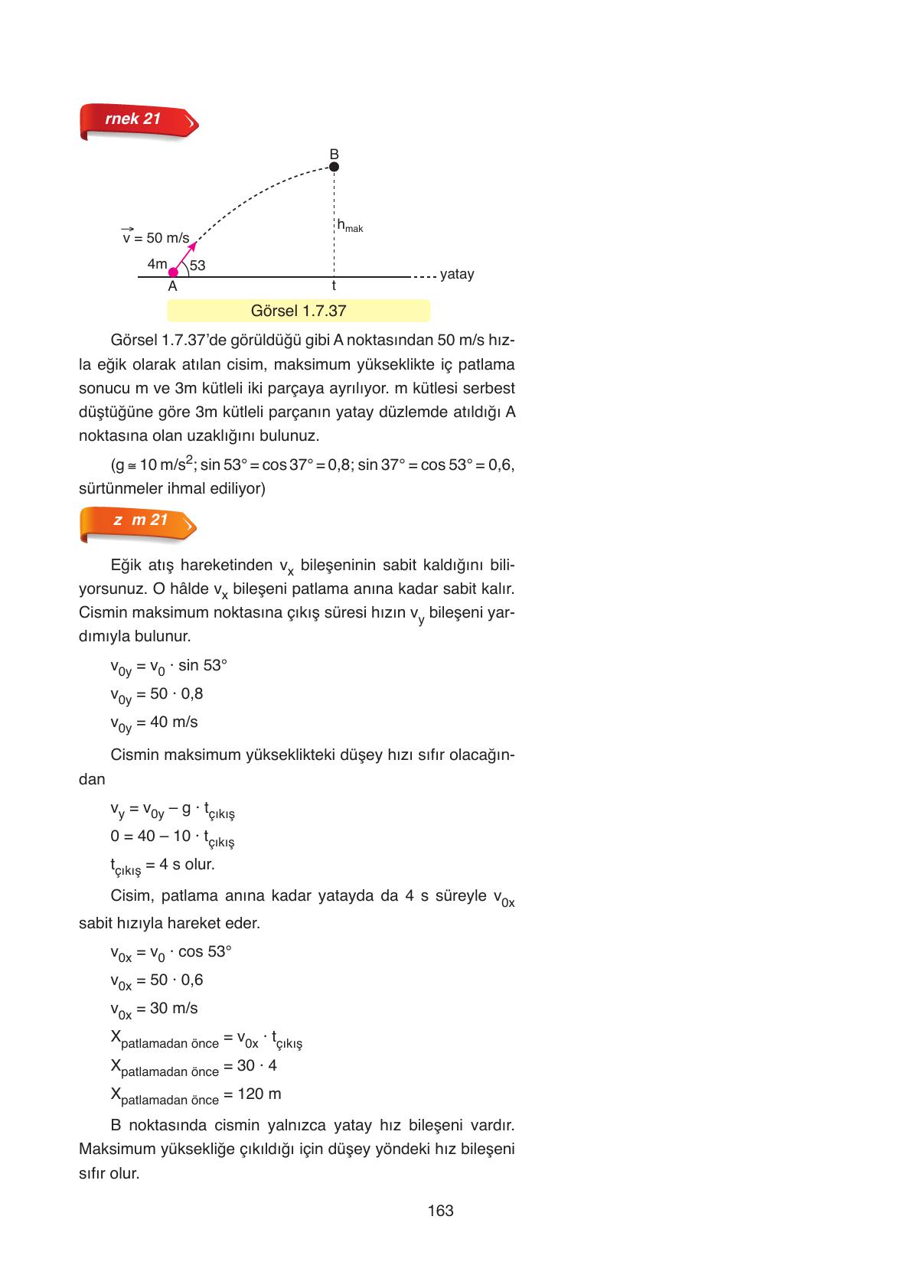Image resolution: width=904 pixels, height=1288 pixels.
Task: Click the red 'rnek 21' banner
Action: click(138, 121)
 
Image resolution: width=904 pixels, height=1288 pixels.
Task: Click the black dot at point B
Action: click(334, 167)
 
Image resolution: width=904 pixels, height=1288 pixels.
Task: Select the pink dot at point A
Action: click(173, 272)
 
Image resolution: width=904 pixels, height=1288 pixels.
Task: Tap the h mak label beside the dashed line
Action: click(350, 226)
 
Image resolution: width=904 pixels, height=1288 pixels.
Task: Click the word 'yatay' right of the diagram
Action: click(457, 274)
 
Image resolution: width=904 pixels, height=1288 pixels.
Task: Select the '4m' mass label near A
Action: click(157, 264)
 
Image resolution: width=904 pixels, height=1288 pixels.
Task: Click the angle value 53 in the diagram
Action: click(197, 266)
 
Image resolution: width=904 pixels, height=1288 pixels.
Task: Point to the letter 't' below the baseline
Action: click(334, 285)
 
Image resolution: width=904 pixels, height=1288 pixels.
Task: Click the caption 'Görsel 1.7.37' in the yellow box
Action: click(299, 311)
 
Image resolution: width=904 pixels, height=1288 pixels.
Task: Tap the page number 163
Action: click(441, 1211)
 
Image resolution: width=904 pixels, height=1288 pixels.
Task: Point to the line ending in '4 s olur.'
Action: click(162, 866)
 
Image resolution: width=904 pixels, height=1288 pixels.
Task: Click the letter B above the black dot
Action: click(334, 154)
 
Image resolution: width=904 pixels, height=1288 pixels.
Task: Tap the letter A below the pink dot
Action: click(172, 286)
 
